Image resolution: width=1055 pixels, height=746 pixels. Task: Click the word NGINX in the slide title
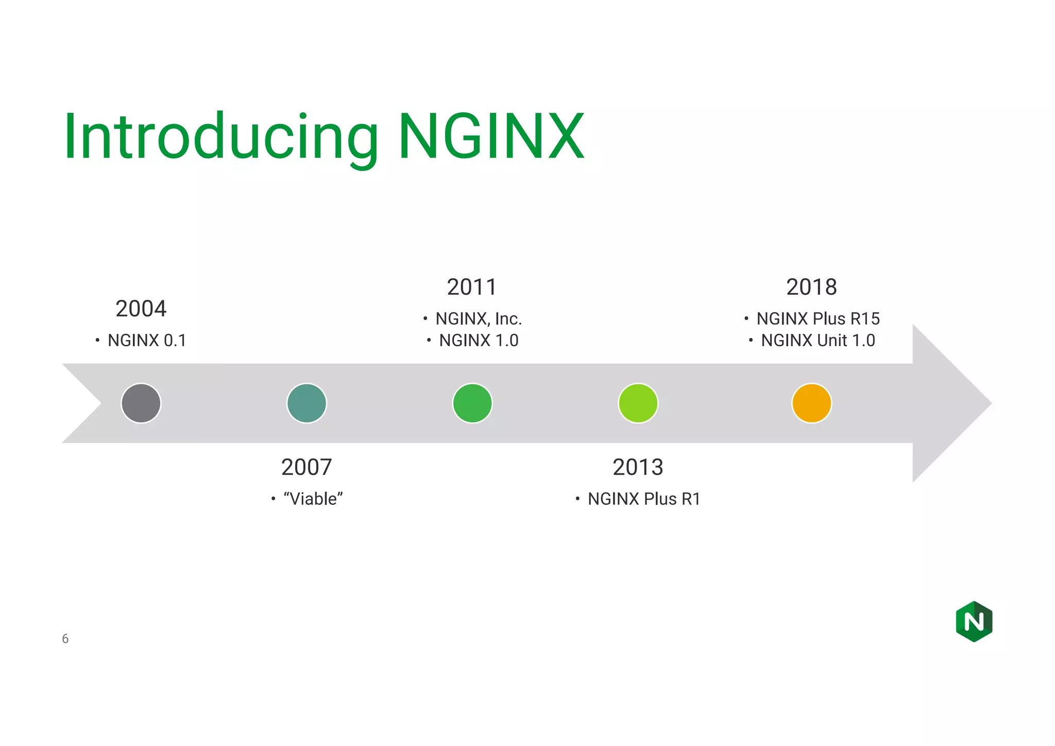pos(491,137)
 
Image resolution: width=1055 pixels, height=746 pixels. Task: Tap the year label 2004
pos(141,309)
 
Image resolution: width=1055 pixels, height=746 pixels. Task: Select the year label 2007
pos(307,467)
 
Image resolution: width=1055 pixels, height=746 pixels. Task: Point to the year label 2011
pos(471,287)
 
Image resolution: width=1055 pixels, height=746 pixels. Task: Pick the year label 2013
pos(638,467)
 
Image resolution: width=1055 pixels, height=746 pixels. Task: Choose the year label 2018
pos(811,287)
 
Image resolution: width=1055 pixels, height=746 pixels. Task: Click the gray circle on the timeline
pos(141,403)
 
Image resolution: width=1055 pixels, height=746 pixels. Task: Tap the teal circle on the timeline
pos(307,403)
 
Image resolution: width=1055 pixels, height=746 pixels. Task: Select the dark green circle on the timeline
pos(472,403)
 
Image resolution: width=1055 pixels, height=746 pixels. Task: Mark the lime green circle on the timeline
pos(638,403)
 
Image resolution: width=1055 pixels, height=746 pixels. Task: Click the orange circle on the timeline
pos(811,403)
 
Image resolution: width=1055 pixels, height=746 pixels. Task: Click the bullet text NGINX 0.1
pos(147,341)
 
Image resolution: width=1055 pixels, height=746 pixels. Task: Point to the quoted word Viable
pos(313,499)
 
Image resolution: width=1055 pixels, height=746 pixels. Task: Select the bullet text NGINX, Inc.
pos(479,319)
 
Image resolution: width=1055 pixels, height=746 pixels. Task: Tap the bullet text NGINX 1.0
pos(479,341)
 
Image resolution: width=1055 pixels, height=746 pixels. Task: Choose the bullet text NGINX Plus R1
pos(644,499)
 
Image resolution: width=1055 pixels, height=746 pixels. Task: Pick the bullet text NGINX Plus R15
pos(818,319)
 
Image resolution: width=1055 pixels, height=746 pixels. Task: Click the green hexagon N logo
pos(974,621)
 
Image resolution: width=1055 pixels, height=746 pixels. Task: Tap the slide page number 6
pos(65,639)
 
